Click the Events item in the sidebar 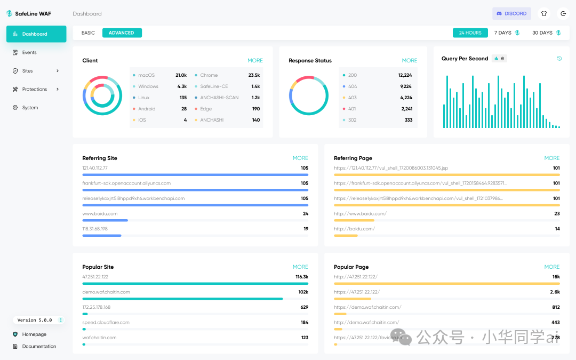tap(29, 53)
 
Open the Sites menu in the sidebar tap(35, 71)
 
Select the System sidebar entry tap(30, 108)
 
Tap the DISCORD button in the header tap(511, 14)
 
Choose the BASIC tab tap(88, 33)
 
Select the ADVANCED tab tap(122, 33)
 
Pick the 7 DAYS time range tap(503, 33)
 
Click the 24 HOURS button tap(470, 33)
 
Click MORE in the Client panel tap(255, 61)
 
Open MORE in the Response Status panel tap(410, 61)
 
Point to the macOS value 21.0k tap(181, 75)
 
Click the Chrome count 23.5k tap(254, 75)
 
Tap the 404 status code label tap(353, 86)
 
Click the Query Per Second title tap(465, 59)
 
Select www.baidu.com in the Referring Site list tap(100, 214)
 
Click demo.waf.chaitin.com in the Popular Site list tap(106, 292)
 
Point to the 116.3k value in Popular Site tap(301, 277)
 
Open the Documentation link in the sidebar tap(39, 347)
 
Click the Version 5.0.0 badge tap(35, 320)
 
